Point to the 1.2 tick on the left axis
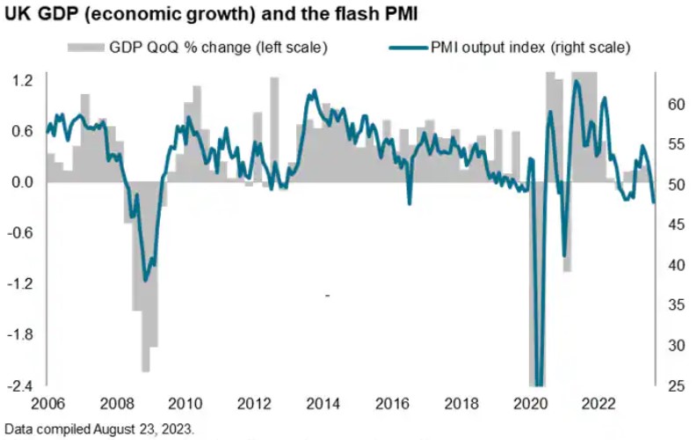point(23,80)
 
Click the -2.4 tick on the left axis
point(21,385)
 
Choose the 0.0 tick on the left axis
point(23,182)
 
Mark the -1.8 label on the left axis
point(21,335)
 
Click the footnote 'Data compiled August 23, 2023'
point(98,429)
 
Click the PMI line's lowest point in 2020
point(539,380)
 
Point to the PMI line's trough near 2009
point(146,279)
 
